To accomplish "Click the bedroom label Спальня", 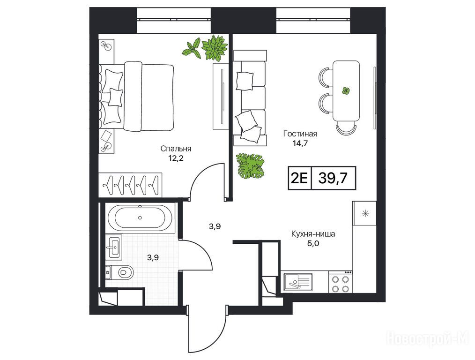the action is [x=176, y=149].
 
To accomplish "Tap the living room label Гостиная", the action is [x=300, y=134].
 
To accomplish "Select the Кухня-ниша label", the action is [x=313, y=234].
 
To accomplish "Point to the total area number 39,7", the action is [x=333, y=179].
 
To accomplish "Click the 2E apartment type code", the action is [x=299, y=179].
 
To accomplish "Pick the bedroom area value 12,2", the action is [x=176, y=158].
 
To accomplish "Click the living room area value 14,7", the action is [x=300, y=143].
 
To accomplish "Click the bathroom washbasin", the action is [x=114, y=247].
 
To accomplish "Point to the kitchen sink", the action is [x=298, y=282].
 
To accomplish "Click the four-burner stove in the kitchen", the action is [x=340, y=282].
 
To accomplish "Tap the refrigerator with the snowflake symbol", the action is [x=365, y=213].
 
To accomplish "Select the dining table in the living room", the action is [x=346, y=91].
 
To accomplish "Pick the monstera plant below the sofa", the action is [x=250, y=166].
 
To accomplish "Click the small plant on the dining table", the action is [x=346, y=90].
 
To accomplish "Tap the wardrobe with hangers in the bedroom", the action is [x=130, y=185].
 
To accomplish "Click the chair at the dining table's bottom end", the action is [x=346, y=128].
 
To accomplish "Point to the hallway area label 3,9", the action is [x=215, y=226].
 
